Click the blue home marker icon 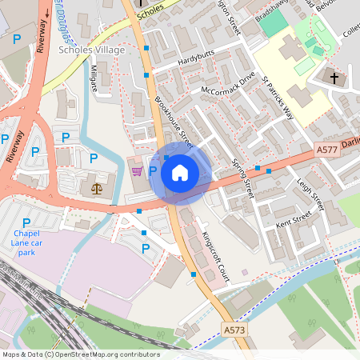tap(180, 173)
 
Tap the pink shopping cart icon tap(137, 171)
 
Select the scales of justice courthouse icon tap(98, 189)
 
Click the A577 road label tap(326, 149)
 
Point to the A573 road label tap(234, 330)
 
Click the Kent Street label tap(292, 218)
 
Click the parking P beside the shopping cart tap(152, 171)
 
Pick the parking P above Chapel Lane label tap(26, 222)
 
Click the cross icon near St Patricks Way tap(335, 78)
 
